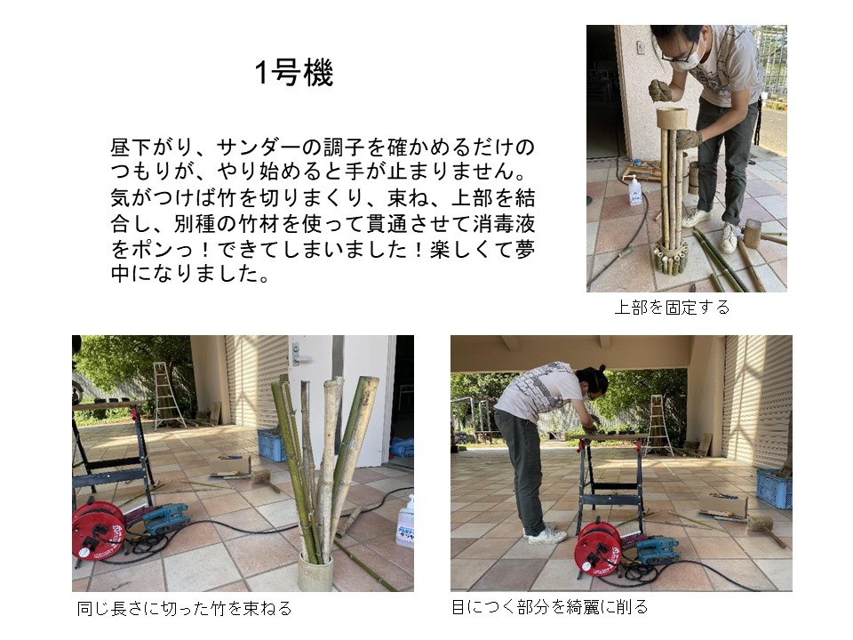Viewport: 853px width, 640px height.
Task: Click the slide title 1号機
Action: [x=294, y=72]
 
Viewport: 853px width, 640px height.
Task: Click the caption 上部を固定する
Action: [x=672, y=308]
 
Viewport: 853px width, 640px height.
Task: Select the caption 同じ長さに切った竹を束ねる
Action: [x=185, y=608]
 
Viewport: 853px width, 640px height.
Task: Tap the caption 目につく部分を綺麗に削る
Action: [x=550, y=606]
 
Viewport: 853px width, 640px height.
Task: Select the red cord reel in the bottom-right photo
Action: [x=598, y=549]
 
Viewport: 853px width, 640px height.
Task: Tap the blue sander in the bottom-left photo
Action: [x=165, y=518]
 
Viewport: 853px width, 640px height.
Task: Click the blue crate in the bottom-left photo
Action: [x=271, y=445]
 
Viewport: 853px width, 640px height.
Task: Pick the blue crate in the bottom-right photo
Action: [x=774, y=488]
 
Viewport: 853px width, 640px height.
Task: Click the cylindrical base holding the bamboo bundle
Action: [x=315, y=572]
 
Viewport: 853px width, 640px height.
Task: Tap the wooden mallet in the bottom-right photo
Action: [x=765, y=530]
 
